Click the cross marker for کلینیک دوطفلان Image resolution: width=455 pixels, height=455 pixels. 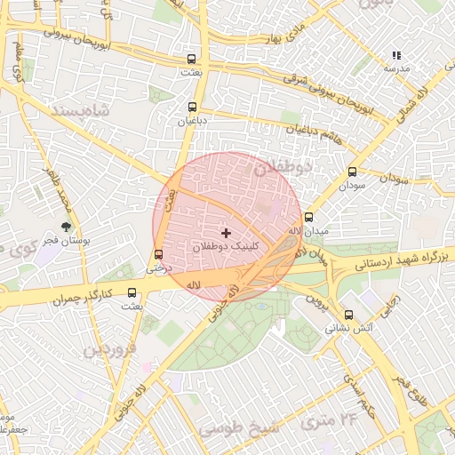226,232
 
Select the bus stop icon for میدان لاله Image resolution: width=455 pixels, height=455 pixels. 308,218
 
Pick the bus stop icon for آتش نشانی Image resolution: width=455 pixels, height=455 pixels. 347,315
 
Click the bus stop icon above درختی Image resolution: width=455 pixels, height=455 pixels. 158,253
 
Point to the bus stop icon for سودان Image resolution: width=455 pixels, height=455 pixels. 352,172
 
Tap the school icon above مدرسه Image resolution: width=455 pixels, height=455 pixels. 395,55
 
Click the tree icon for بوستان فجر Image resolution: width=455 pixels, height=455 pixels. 65,227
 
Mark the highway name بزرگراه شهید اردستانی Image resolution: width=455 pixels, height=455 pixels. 392,259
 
